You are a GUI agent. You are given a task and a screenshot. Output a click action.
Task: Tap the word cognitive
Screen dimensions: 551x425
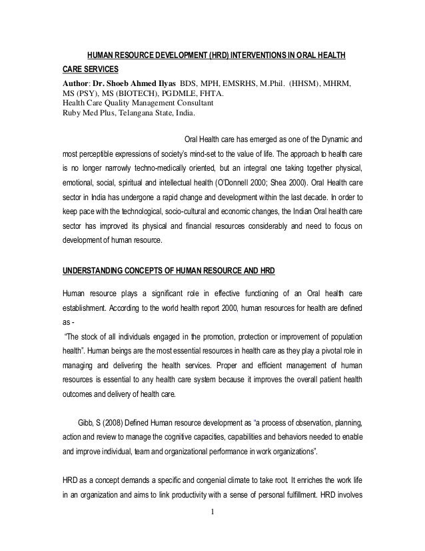point(197,437)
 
